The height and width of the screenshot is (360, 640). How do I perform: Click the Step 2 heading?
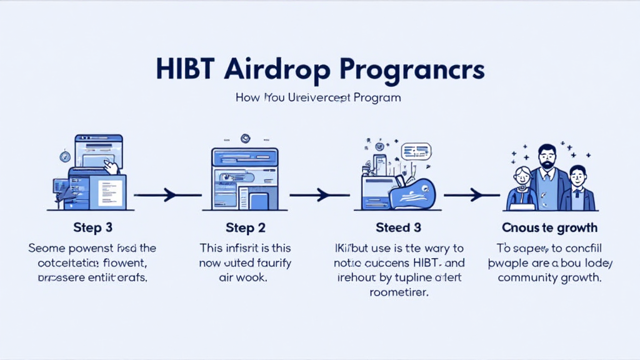pos(245,227)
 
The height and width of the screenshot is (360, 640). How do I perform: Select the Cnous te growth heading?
pos(549,227)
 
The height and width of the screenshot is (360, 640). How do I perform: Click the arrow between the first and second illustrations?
pos(167,196)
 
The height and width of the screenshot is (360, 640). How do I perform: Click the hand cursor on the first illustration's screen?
pos(111,167)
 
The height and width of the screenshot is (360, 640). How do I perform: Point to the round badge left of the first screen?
pos(64,156)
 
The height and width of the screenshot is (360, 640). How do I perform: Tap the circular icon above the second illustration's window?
pos(245,139)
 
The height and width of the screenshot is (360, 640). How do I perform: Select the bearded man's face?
pos(547,157)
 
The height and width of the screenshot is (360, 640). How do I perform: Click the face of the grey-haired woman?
pos(522,177)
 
